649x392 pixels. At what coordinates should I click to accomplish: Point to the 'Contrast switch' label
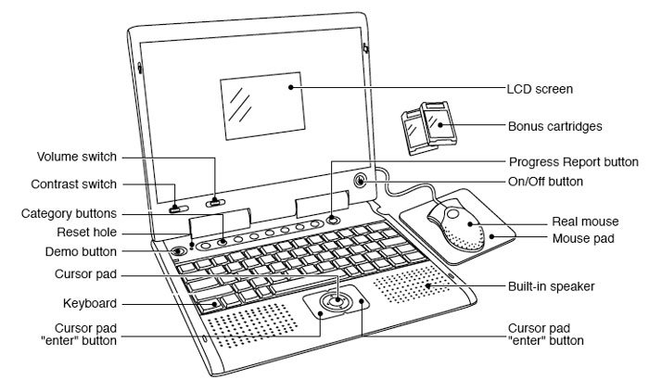(x=73, y=185)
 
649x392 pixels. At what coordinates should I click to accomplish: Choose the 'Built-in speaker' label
(x=551, y=286)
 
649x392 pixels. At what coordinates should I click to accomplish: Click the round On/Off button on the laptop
(x=361, y=181)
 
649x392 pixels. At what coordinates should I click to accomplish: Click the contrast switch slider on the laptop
(x=174, y=206)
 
